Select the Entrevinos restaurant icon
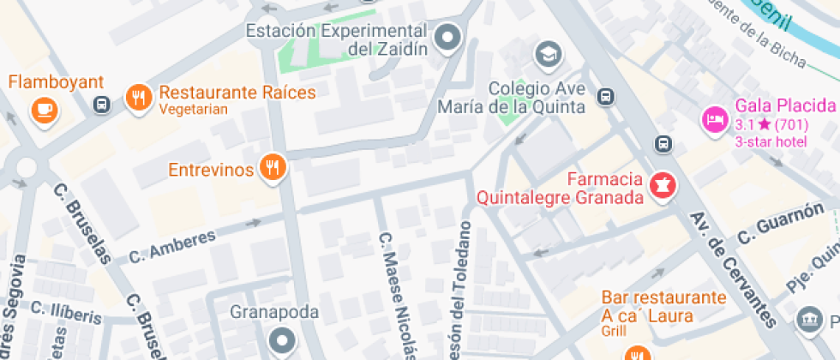[273, 168]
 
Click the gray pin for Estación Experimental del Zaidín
[447, 38]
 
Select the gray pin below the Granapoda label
[280, 342]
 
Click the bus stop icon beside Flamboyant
[101, 105]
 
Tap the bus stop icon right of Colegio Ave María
[606, 96]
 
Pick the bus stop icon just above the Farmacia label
[662, 144]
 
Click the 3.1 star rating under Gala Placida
[770, 125]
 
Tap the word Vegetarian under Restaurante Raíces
[194, 109]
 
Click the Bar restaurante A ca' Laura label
[663, 304]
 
